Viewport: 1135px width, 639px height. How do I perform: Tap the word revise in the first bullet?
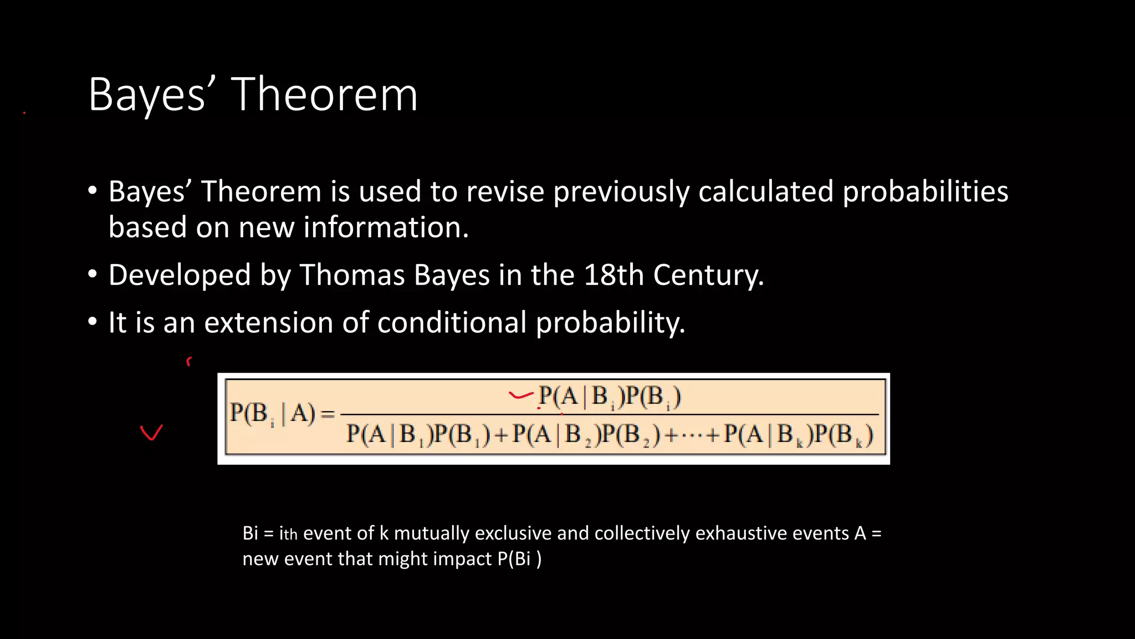click(504, 192)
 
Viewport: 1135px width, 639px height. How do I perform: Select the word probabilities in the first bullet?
click(925, 192)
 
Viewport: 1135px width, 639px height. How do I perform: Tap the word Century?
click(708, 275)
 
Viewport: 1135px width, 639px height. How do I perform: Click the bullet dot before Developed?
click(93, 274)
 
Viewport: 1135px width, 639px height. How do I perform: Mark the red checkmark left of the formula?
click(151, 432)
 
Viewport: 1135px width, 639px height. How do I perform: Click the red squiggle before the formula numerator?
click(520, 395)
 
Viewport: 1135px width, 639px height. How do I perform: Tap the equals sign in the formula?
click(328, 414)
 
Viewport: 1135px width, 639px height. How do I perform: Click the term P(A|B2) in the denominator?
click(556, 434)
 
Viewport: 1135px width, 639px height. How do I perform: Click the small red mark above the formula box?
click(189, 362)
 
